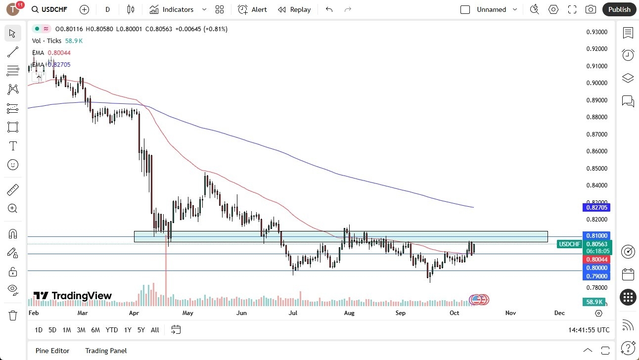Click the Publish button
point(619,9)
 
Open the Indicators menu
point(178,9)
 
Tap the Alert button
point(252,9)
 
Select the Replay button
point(294,9)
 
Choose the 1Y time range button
point(128,330)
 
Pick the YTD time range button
point(112,330)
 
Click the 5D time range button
point(52,330)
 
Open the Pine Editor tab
point(52,351)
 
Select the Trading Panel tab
point(106,351)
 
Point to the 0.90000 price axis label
point(596,83)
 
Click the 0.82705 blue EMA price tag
point(596,208)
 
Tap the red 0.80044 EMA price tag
point(596,260)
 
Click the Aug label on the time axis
point(349,313)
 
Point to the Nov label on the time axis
point(510,313)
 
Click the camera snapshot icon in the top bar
point(591,9)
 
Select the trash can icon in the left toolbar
point(13,315)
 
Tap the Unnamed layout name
point(491,9)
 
